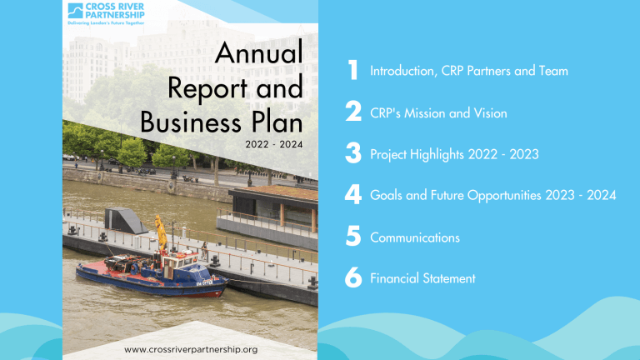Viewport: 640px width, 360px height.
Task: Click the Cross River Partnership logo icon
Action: [x=75, y=11]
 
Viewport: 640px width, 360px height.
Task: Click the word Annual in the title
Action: [x=259, y=52]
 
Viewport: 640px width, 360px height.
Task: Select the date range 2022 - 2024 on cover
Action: [x=274, y=144]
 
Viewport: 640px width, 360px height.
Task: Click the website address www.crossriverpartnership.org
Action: [x=191, y=350]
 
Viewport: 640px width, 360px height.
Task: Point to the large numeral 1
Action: [x=353, y=70]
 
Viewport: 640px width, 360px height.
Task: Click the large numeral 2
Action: [x=353, y=111]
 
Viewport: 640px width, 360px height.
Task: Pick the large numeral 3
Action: [x=353, y=152]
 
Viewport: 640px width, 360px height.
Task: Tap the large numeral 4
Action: [x=353, y=195]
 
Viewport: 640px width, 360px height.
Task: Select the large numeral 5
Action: [x=353, y=236]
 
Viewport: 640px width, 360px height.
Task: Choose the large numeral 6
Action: [x=353, y=277]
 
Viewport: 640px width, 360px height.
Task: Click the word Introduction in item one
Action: [x=402, y=71]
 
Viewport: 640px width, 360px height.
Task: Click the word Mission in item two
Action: [x=424, y=113]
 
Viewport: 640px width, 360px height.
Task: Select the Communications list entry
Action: [x=415, y=238]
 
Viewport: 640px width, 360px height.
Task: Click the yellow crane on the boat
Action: [x=161, y=232]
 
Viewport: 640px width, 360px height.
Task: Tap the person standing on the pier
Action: [x=204, y=250]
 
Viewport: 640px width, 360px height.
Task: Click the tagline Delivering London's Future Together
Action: [x=106, y=23]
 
